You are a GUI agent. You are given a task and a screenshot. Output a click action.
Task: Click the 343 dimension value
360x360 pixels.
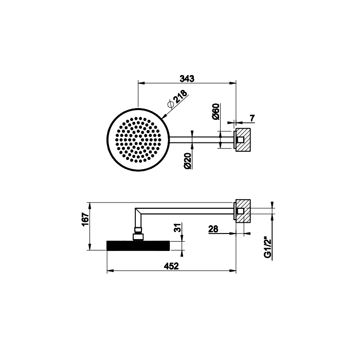pos(187,79)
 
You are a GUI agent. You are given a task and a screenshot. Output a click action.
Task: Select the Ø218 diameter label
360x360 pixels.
pos(177,99)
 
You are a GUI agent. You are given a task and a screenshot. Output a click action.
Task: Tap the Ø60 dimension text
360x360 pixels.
pos(217,112)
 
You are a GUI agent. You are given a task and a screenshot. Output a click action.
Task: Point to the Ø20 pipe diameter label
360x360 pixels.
pos(188,160)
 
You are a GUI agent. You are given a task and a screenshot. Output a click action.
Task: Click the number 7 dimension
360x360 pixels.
pos(252,118)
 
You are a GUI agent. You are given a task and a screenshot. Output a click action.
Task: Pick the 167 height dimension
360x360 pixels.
pos(86,220)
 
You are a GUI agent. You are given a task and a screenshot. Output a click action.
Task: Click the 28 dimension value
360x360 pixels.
pos(213,229)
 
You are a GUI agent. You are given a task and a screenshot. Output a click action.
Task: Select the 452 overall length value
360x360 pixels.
pos(171,266)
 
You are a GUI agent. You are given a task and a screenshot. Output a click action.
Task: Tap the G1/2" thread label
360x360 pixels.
pos(268,248)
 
